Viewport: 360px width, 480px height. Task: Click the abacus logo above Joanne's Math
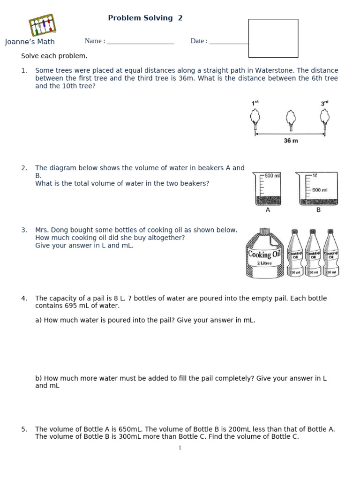[42, 25]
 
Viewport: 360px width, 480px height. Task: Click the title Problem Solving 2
[145, 18]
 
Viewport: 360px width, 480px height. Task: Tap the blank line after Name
[141, 44]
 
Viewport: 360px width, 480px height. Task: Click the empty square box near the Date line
[273, 38]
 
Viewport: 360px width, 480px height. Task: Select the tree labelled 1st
[255, 120]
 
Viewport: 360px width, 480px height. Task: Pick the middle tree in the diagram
[291, 120]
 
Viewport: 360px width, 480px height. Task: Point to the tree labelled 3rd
[325, 120]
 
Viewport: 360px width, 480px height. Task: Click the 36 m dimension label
[291, 141]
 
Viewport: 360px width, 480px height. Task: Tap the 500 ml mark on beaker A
[272, 176]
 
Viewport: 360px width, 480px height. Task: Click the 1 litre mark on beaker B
[315, 175]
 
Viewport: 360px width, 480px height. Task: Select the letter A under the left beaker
[268, 210]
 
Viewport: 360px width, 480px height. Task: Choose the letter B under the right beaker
[318, 210]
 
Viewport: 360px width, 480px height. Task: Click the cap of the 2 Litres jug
[264, 232]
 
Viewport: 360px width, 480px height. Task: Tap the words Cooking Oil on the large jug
[264, 254]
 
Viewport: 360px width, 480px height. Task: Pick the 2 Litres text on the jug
[264, 263]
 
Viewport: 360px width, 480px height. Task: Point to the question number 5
[24, 429]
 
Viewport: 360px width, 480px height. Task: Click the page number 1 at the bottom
[180, 448]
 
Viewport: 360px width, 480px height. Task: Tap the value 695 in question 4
[71, 306]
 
